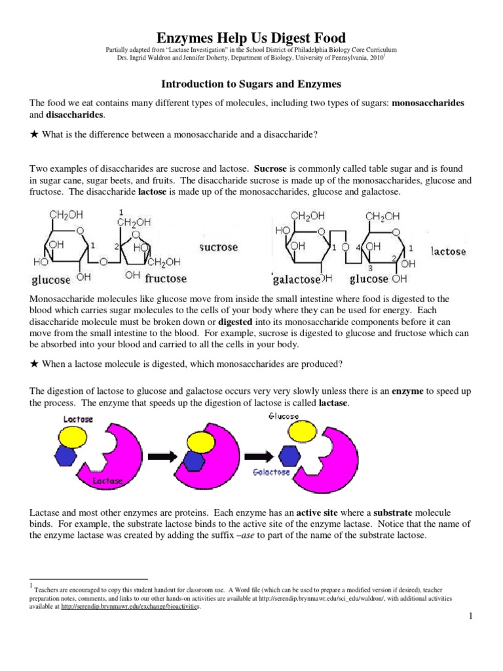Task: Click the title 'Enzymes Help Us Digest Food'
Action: click(251, 37)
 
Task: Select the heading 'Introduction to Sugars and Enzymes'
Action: click(251, 85)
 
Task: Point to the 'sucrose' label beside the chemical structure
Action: click(218, 248)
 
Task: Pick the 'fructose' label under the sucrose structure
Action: click(166, 278)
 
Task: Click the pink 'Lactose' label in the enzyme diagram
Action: click(79, 418)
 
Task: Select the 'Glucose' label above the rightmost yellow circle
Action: click(283, 416)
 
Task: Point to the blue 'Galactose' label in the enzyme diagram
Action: click(272, 472)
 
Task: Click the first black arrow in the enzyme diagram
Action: click(164, 456)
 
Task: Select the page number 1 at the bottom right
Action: click(470, 617)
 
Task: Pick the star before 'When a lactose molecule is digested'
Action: click(34, 364)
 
